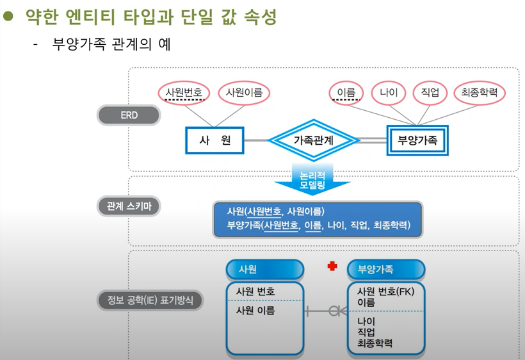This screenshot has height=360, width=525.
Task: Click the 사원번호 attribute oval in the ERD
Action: click(x=184, y=93)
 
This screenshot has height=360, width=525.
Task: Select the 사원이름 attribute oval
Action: click(x=244, y=93)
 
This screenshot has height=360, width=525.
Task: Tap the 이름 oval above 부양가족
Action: click(x=346, y=93)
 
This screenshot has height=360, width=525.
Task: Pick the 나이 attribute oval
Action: click(x=389, y=93)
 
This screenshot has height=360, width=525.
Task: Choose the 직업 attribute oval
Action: click(x=430, y=93)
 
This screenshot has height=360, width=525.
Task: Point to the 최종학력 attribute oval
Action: click(x=479, y=93)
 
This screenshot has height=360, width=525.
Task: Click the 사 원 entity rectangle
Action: click(x=214, y=140)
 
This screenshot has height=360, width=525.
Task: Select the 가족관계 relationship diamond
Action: click(x=314, y=140)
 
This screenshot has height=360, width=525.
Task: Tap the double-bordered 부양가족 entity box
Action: click(x=417, y=140)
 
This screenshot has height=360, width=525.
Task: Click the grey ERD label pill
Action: click(x=129, y=115)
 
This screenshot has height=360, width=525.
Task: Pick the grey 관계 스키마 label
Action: click(x=129, y=206)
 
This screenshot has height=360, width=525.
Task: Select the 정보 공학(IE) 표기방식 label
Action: click(x=150, y=299)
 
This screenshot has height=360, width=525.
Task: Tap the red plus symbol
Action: click(x=332, y=266)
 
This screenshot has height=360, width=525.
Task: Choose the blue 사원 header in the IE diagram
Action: click(x=264, y=270)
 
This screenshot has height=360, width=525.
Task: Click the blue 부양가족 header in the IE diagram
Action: click(x=385, y=270)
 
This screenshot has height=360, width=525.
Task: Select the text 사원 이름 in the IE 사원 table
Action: click(x=255, y=310)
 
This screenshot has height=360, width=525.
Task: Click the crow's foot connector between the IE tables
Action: click(x=333, y=311)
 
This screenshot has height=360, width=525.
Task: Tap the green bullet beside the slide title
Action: click(x=8, y=17)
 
